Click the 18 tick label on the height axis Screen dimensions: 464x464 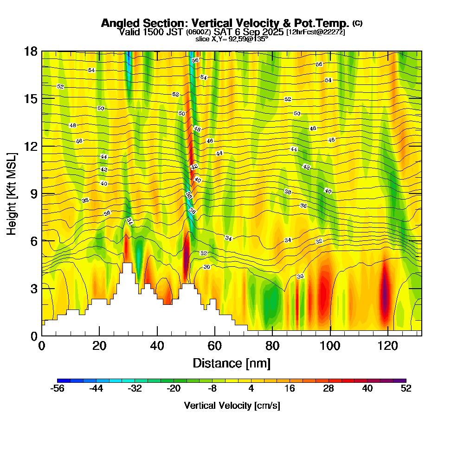31,52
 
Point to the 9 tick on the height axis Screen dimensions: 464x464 42,193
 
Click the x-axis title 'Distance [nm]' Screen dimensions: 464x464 232,363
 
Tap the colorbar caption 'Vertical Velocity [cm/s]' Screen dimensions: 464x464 232,406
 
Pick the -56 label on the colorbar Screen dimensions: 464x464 57,389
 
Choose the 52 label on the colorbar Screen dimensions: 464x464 406,389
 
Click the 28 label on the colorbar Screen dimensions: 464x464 329,389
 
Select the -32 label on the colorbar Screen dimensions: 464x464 135,389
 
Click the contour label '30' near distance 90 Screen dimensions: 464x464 300,277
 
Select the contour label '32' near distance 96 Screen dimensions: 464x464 319,242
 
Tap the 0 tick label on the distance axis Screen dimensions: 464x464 42,346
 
